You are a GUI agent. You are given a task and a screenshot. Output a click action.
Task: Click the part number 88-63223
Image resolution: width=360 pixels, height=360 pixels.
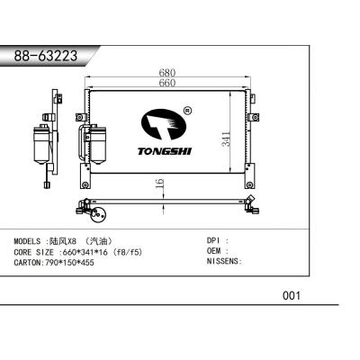pyautogui.click(x=45, y=56)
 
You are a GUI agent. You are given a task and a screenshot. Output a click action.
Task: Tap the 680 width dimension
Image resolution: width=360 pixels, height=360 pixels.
pyautogui.click(x=166, y=73)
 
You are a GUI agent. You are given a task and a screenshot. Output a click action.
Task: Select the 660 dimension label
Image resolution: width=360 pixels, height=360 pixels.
pyautogui.click(x=166, y=84)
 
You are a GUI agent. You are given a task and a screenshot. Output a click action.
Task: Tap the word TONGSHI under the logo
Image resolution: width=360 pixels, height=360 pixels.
pyautogui.click(x=163, y=151)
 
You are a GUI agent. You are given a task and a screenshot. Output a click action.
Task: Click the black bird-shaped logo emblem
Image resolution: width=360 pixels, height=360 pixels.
pyautogui.click(x=162, y=125)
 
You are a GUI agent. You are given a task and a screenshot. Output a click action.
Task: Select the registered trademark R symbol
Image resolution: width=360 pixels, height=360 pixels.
pyautogui.click(x=186, y=112)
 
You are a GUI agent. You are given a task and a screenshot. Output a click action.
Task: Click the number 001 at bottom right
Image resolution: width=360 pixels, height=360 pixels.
pyautogui.click(x=291, y=295)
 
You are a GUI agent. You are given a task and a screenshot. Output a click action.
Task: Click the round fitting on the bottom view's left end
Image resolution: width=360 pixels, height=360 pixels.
pyautogui.click(x=100, y=215)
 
